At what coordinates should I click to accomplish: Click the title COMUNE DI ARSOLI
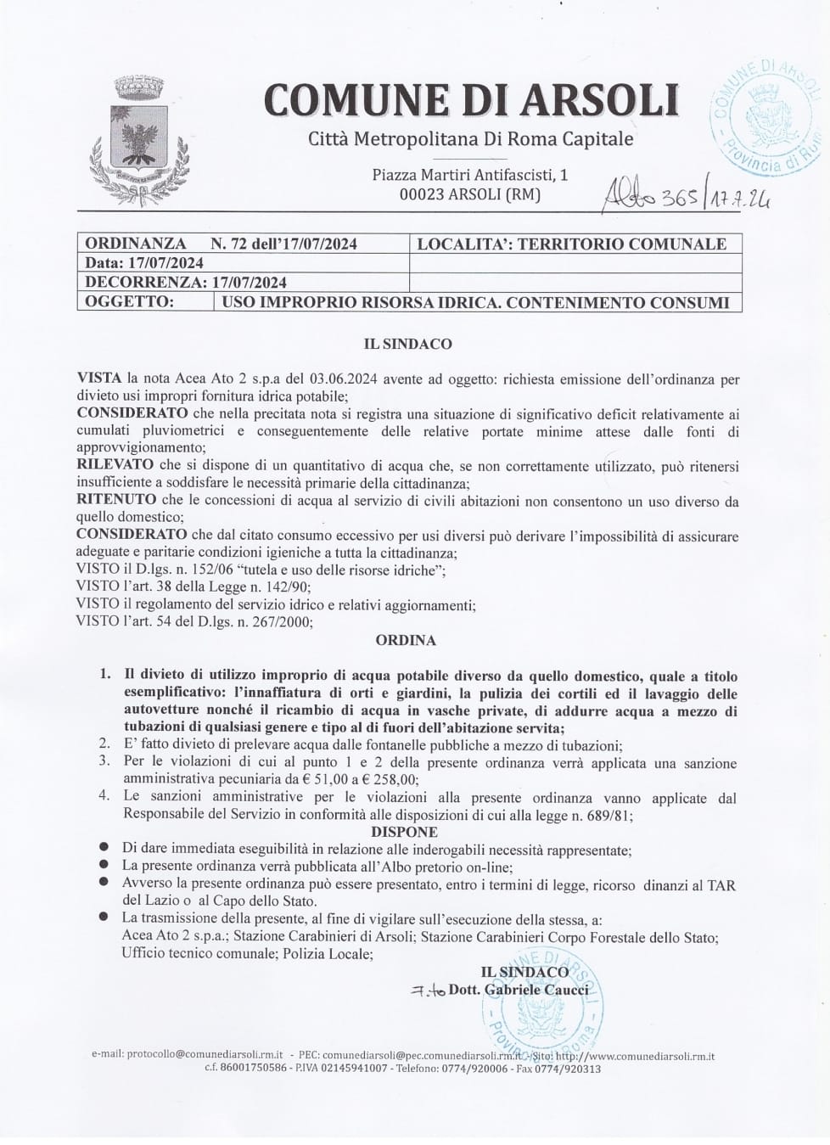point(471,98)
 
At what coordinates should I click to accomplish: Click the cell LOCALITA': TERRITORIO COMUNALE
point(572,244)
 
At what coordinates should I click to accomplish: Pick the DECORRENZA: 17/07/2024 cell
point(186,282)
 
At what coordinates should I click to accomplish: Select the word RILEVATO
point(115,465)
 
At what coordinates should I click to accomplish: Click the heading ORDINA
point(406,640)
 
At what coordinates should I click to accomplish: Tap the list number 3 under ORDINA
point(104,762)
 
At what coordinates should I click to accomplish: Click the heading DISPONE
point(404,832)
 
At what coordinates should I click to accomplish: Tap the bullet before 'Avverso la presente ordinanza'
point(104,884)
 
